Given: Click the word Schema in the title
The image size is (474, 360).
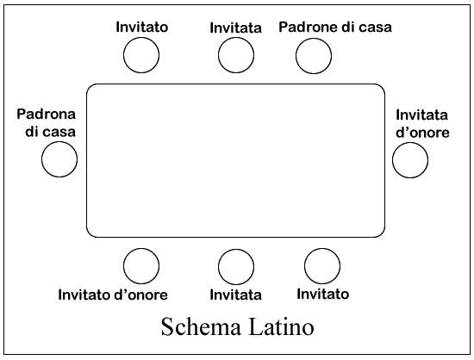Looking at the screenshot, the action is tap(201, 326).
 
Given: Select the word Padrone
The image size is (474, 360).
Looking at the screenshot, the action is tap(308, 27).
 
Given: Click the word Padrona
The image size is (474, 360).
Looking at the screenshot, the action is tap(46, 115).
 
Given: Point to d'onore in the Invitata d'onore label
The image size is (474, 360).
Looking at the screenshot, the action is tap(422, 133).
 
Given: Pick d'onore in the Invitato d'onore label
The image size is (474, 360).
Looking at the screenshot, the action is tap(140, 295).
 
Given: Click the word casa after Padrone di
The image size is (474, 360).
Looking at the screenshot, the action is tap(376, 28).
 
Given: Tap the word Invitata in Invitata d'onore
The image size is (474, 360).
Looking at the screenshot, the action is tap(421, 115).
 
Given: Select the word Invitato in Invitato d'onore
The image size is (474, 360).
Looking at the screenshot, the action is tap(84, 295).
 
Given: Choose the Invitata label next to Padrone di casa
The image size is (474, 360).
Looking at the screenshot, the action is tap(236, 28).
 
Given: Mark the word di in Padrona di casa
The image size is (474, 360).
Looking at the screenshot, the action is tap(32, 132).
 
